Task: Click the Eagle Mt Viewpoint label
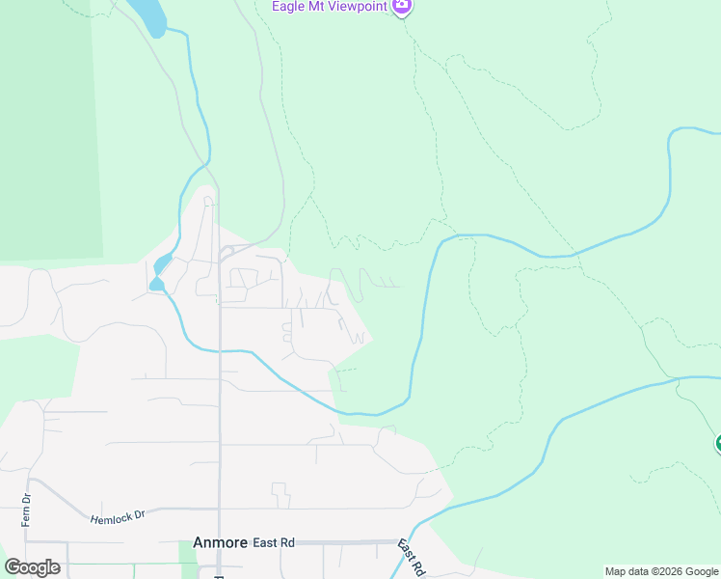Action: tap(329, 7)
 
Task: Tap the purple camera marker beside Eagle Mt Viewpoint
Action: tap(403, 7)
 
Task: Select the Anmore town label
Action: tap(221, 543)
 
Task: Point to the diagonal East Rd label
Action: tap(412, 559)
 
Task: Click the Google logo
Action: tap(32, 567)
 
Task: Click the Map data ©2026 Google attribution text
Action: tap(661, 571)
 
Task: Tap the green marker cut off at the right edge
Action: tap(717, 444)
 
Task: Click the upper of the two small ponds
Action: tap(163, 262)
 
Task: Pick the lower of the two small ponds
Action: tap(156, 284)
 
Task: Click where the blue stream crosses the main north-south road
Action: tap(219, 351)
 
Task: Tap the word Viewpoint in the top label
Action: tap(354, 7)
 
